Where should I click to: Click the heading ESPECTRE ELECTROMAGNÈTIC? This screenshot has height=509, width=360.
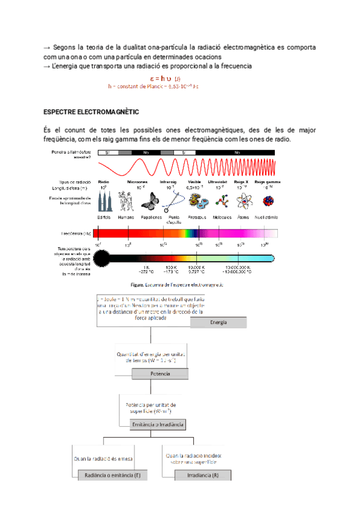(x=91, y=112)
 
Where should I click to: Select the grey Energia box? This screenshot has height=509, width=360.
(x=218, y=323)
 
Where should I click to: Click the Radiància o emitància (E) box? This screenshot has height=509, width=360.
(x=112, y=475)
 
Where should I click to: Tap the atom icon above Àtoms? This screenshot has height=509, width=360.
(x=243, y=202)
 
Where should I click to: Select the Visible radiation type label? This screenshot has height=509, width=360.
(x=194, y=181)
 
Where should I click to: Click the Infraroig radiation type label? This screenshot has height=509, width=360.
(x=168, y=181)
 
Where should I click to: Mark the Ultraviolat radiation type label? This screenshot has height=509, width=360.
(x=217, y=181)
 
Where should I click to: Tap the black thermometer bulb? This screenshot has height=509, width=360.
(x=102, y=259)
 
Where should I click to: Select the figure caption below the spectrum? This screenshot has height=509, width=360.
(x=178, y=285)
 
